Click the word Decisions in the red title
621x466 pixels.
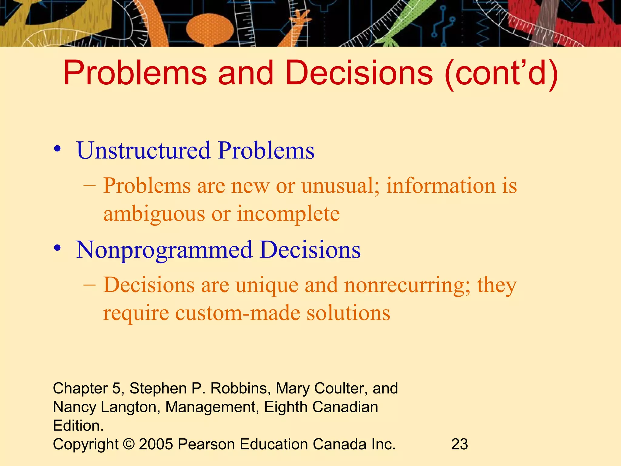(359, 73)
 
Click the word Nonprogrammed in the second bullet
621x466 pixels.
(164, 250)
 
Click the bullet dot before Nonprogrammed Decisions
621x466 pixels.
(57, 249)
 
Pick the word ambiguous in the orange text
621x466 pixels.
(154, 214)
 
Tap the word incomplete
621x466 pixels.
(288, 214)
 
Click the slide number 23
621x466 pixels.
(459, 444)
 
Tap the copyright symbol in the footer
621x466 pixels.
(129, 444)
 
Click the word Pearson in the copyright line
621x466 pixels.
(206, 444)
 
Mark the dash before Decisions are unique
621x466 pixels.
(89, 285)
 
